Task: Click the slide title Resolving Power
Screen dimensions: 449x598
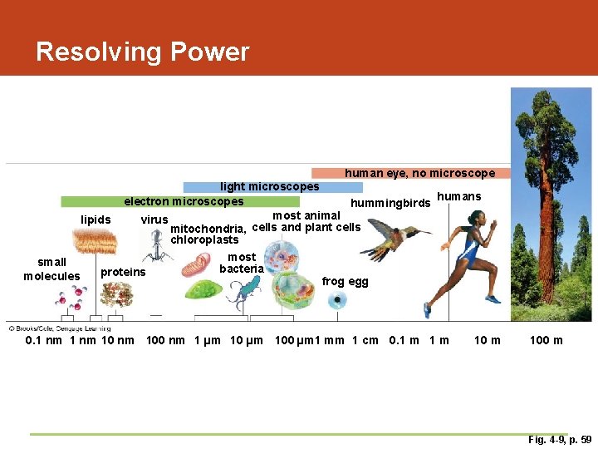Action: [x=142, y=52]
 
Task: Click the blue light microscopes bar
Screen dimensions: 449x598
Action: [x=249, y=187]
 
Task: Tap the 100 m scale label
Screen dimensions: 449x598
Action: [x=546, y=340]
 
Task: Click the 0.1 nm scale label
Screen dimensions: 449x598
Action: [x=44, y=340]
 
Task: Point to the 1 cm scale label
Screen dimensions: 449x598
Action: [x=365, y=340]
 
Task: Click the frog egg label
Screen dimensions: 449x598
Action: [x=345, y=282]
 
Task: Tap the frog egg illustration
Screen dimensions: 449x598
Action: [x=337, y=300]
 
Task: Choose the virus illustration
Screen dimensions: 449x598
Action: [x=156, y=246]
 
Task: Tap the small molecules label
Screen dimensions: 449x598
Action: [x=51, y=269]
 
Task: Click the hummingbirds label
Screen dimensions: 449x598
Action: [x=390, y=203]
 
